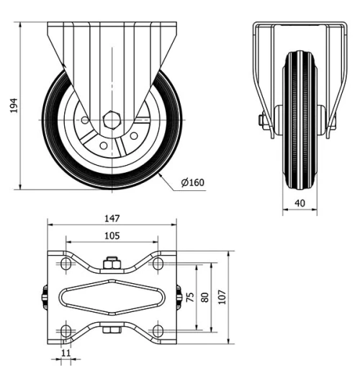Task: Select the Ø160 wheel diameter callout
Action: coord(193,182)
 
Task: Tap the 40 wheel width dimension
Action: coord(300,204)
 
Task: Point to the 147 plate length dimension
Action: coord(112,218)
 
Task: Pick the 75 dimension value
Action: coord(190,298)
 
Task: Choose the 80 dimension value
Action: coord(205,298)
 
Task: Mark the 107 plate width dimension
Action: coord(223,298)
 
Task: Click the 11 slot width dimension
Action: coord(66,353)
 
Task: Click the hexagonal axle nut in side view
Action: coord(112,120)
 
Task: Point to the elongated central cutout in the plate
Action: coord(112,298)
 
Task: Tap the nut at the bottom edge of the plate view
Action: coord(112,332)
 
